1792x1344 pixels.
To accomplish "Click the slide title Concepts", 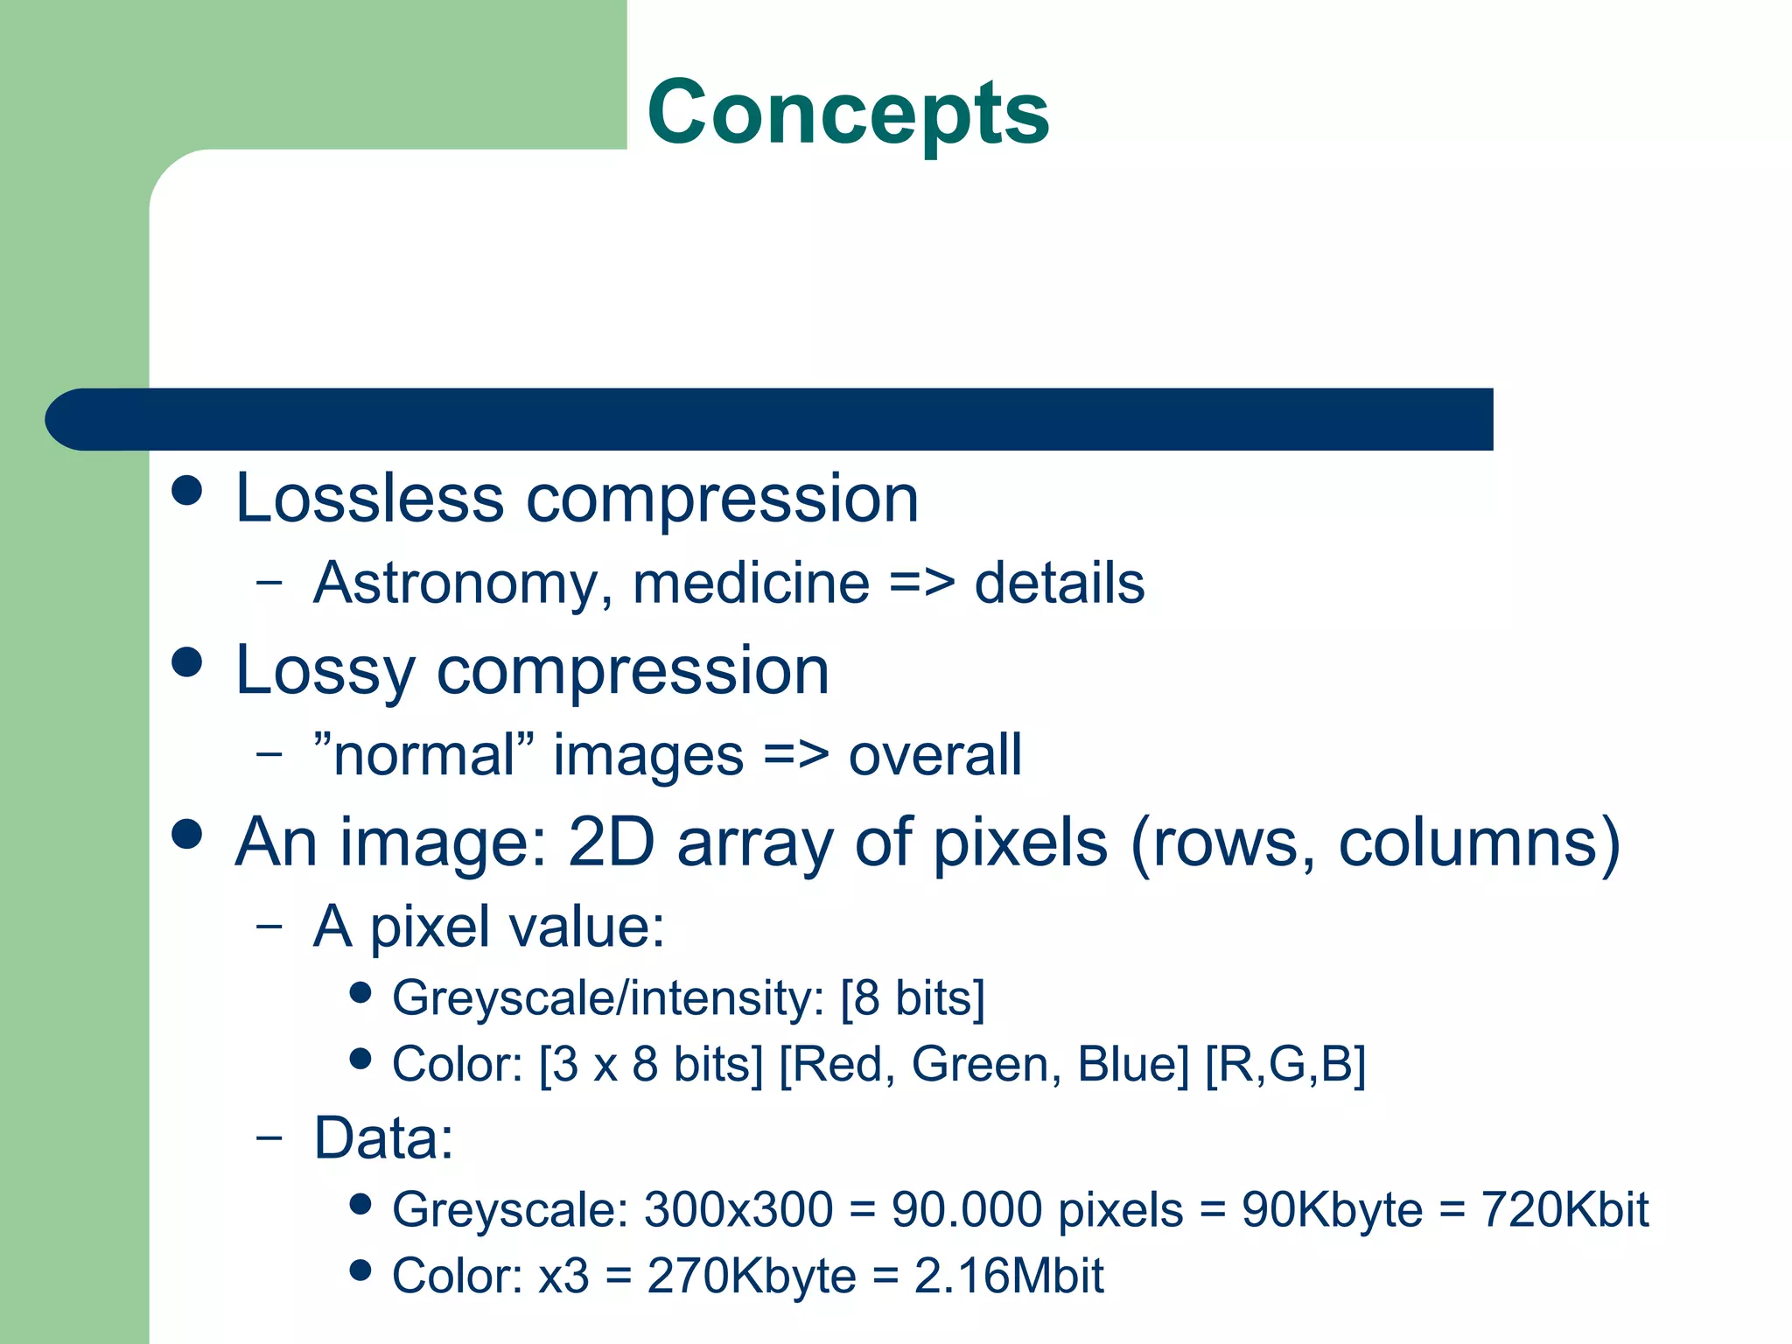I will [847, 112].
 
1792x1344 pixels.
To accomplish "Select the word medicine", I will [751, 584].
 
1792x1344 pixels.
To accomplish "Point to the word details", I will [1059, 584].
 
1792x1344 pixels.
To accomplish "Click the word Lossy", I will [325, 672].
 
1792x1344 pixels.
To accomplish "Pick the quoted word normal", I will [423, 755].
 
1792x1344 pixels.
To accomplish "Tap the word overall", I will [934, 755].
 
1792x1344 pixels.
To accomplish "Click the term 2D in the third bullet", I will [611, 843].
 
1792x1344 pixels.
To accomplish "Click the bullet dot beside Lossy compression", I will [187, 661].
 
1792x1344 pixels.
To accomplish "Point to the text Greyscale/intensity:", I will [608, 998].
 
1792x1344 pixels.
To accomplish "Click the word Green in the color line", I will [980, 1065].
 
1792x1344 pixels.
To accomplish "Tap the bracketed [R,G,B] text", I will [1284, 1065].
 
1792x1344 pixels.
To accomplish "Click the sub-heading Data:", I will [384, 1138].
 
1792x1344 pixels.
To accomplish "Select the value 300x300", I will [738, 1210].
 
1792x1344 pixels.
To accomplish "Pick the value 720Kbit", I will [1564, 1210].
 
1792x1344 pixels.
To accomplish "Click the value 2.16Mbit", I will [1008, 1277].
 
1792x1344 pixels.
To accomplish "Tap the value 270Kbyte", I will [751, 1277].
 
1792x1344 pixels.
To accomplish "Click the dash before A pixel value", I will [269, 926].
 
